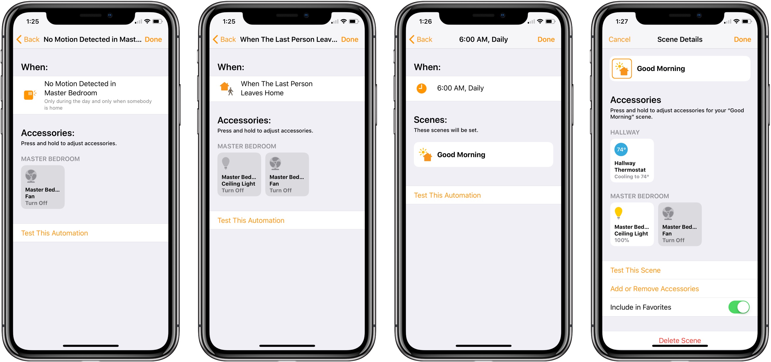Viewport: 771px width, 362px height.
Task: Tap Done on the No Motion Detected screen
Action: (x=153, y=40)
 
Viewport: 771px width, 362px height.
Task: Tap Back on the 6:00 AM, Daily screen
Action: (x=421, y=40)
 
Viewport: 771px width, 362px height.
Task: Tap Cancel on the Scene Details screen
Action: (x=619, y=40)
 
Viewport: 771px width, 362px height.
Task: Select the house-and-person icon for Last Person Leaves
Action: (x=227, y=89)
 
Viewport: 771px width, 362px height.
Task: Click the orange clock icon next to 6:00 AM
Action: (x=422, y=88)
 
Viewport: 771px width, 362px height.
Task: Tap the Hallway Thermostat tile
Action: (x=632, y=160)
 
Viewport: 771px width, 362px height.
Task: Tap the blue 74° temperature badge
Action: (x=621, y=149)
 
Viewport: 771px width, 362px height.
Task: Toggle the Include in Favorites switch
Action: (x=739, y=307)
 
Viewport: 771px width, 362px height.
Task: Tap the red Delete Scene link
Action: (x=680, y=341)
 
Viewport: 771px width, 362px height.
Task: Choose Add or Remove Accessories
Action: (x=654, y=289)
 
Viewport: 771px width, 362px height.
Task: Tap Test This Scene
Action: (x=635, y=270)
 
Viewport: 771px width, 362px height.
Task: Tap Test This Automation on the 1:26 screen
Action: (x=447, y=195)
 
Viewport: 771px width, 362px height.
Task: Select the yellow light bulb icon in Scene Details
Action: (x=618, y=213)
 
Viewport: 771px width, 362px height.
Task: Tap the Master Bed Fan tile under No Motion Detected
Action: (x=43, y=187)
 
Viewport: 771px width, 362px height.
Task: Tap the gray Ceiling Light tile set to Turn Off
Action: (x=239, y=175)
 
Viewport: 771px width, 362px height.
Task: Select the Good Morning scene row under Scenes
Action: (x=483, y=155)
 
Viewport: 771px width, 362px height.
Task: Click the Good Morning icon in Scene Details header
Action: (x=622, y=69)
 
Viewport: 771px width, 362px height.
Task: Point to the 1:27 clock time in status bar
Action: (x=622, y=21)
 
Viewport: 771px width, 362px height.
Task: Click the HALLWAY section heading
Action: (x=625, y=132)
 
